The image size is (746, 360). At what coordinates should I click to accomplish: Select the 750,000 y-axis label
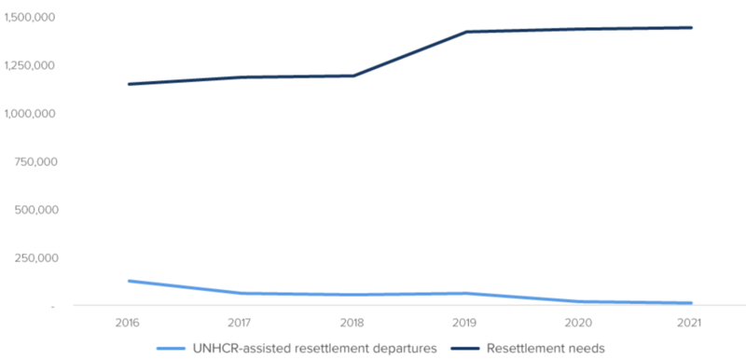(x=35, y=161)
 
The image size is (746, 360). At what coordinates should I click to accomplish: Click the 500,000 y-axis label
(x=35, y=210)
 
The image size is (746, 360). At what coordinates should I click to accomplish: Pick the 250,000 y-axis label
(x=35, y=257)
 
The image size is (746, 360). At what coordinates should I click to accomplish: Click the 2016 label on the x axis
(x=129, y=323)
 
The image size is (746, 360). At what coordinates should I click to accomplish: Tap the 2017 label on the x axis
(x=242, y=323)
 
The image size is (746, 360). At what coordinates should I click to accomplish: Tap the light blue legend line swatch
(x=173, y=350)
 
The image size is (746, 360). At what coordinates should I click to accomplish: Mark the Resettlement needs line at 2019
(x=466, y=32)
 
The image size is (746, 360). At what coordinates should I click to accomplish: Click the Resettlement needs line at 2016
(x=129, y=84)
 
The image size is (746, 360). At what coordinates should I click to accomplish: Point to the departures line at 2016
(x=129, y=281)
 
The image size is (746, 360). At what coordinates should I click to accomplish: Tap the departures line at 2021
(x=691, y=303)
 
